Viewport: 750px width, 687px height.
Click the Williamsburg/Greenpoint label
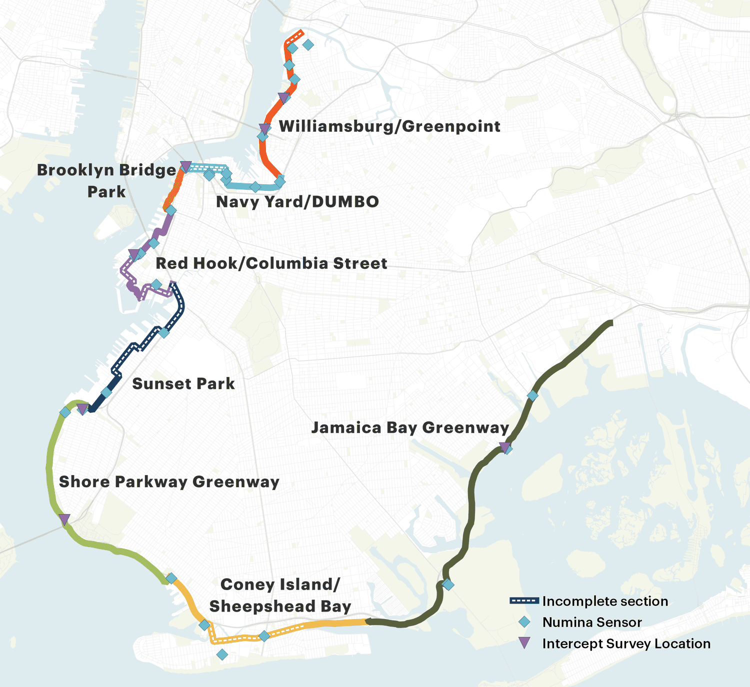(389, 126)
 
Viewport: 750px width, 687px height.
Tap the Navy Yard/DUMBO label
(297, 202)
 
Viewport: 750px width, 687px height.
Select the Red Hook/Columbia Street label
(271, 263)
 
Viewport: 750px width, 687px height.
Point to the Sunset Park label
(183, 384)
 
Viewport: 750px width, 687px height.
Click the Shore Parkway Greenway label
(169, 482)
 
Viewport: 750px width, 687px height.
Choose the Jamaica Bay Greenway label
(410, 428)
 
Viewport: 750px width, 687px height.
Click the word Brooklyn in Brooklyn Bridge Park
(71, 170)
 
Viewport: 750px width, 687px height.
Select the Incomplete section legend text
(605, 601)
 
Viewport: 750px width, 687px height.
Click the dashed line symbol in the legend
(524, 601)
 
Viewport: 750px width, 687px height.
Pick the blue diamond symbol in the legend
(524, 622)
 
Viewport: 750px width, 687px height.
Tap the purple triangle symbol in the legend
(524, 643)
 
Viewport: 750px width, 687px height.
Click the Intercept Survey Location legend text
(626, 644)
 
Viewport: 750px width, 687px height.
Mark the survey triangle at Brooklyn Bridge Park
(185, 166)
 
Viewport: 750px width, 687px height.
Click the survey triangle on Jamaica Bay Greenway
(504, 447)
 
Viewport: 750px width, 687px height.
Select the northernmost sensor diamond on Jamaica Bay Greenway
(532, 396)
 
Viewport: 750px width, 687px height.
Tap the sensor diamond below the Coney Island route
(222, 654)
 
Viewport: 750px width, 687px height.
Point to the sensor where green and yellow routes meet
(171, 578)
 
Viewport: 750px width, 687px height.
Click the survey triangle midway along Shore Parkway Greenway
(64, 519)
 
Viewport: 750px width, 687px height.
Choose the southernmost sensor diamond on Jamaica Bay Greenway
(448, 584)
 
